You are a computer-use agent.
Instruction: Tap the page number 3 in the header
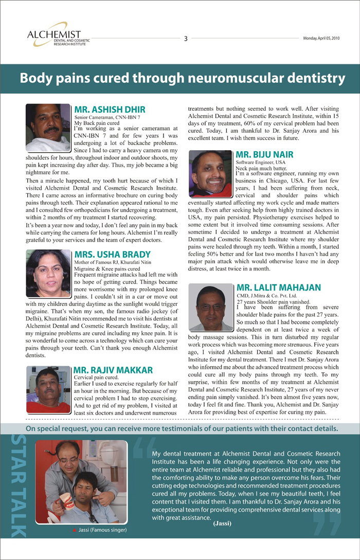[185, 39]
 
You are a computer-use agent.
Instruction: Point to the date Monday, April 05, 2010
[321, 39]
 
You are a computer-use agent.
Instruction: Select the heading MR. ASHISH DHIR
[110, 110]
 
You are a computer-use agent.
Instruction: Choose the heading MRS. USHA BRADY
[112, 255]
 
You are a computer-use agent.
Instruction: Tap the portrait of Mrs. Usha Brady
[47, 273]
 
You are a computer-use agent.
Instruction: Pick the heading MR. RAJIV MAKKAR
[113, 370]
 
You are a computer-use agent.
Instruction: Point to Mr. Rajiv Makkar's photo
[47, 389]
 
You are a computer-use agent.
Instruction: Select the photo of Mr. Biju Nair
[210, 173]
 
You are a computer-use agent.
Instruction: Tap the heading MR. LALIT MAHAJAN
[279, 287]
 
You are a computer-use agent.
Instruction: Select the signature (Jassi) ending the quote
[223, 524]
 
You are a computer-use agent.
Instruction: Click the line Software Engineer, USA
[260, 162]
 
